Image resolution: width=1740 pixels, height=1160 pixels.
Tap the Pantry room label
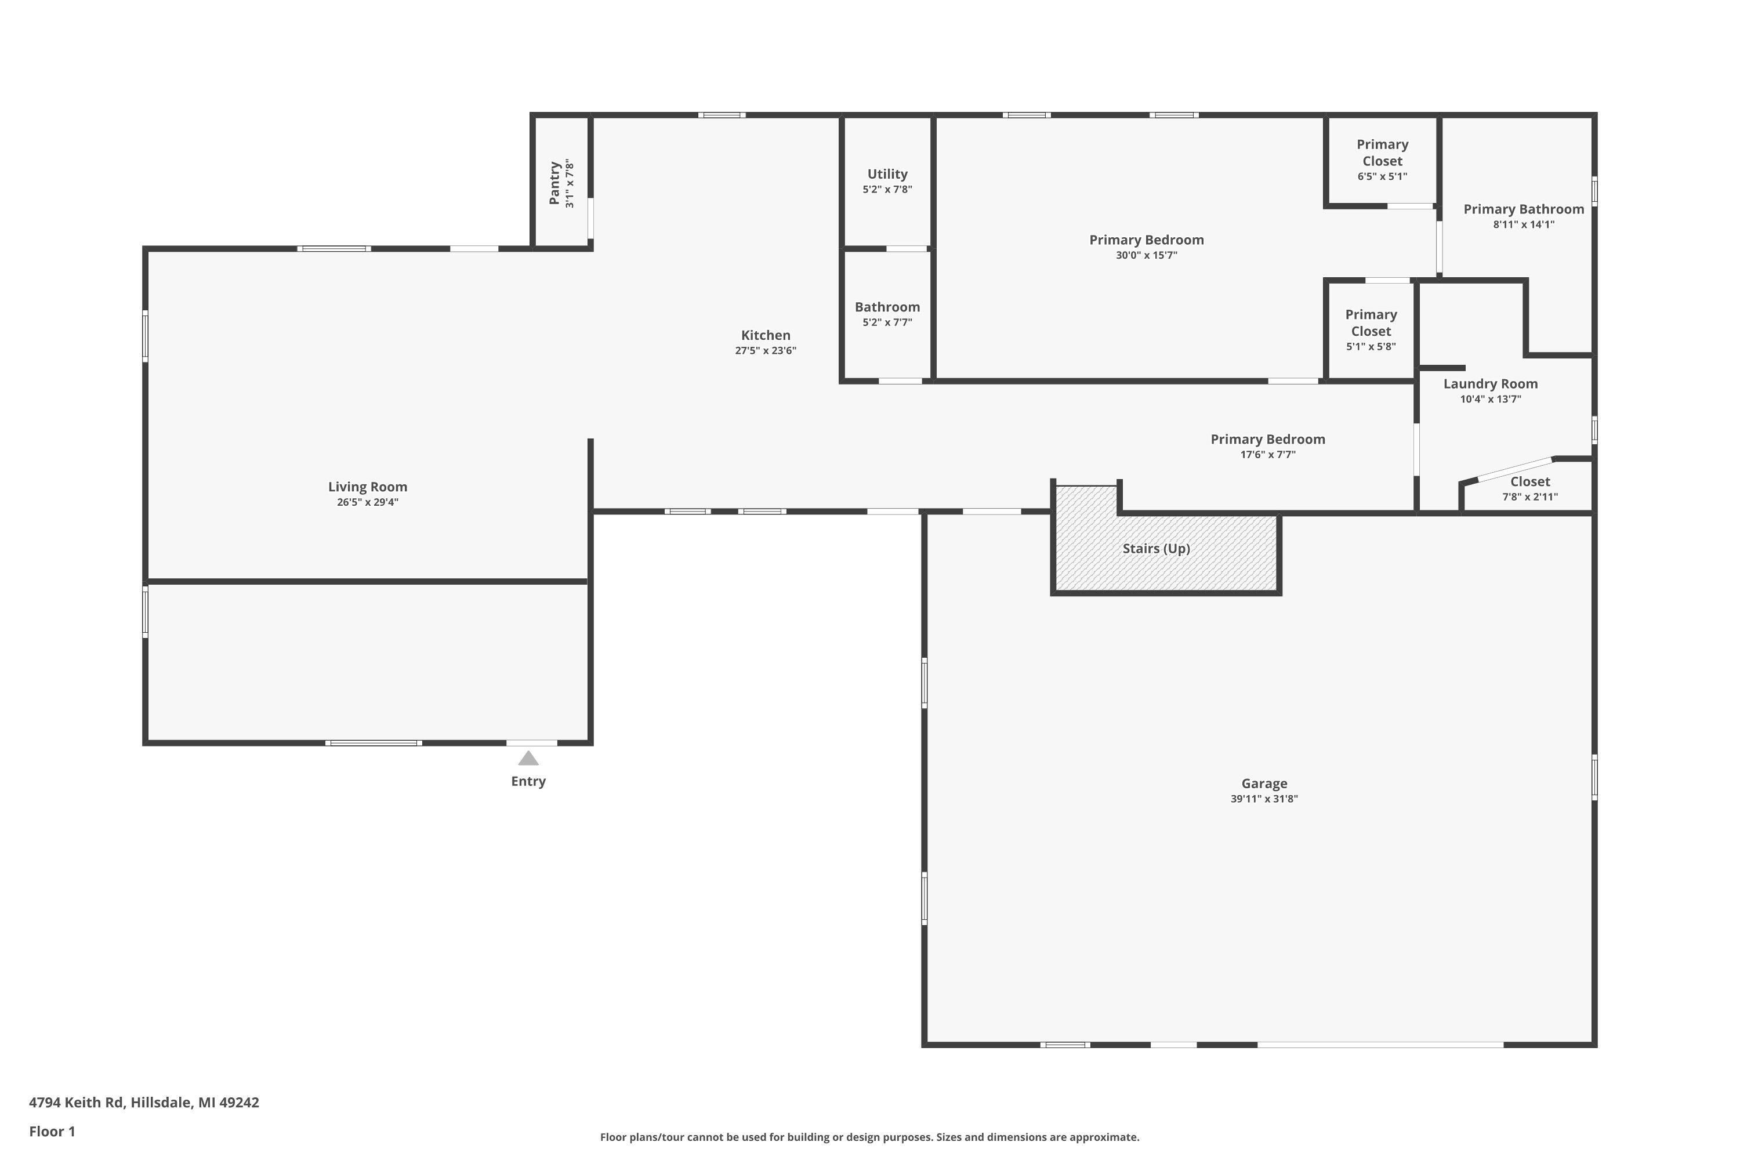tap(554, 183)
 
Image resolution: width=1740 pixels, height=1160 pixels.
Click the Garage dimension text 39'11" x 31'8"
tap(1264, 799)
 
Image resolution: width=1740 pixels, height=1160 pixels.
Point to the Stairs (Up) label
tap(1155, 548)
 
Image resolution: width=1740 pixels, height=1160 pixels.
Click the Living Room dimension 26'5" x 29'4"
tap(368, 502)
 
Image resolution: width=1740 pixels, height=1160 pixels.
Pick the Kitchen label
tap(765, 335)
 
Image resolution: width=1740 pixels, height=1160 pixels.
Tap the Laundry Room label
tap(1490, 383)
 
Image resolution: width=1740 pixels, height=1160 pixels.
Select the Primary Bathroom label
tap(1523, 209)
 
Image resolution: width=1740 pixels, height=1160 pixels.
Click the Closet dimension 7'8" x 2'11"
tap(1529, 497)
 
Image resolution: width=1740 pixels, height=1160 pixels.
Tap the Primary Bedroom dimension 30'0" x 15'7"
tap(1146, 255)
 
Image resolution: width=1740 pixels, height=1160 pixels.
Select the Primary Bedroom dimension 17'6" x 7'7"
tap(1267, 455)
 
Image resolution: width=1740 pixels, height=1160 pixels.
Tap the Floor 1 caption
tap(52, 1131)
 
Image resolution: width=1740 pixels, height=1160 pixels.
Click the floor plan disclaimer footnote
tap(869, 1137)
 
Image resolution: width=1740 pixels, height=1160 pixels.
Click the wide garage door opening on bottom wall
tap(1380, 1045)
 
